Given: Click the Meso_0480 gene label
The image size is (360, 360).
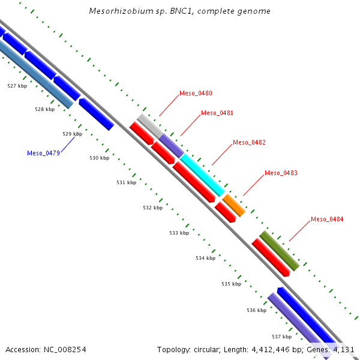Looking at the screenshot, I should pos(196,94).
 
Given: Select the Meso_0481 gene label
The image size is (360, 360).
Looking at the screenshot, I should pos(217,113).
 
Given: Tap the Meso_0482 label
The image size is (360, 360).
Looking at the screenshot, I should pos(249,143).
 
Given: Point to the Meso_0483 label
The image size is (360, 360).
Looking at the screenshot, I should pos(281,173).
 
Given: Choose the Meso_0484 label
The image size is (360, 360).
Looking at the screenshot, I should pos(327,220).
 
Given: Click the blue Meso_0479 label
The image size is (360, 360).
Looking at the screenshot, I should pos(43,153).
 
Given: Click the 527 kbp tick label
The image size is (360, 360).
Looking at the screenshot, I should pos(17,86).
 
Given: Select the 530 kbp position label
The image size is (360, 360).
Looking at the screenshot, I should pos(100,158).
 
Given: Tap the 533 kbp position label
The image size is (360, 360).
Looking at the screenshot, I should pos(179,233).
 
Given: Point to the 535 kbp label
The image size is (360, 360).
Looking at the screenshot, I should pos(231,284).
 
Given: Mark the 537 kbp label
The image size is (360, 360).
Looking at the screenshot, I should pos(281,337).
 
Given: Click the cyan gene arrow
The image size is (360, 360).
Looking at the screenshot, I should pos(203,175).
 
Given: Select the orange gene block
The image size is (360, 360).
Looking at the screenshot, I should pos(233,205).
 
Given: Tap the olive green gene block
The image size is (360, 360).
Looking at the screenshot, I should pos(279,251).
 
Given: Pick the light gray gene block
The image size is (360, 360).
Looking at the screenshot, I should pos(149,125).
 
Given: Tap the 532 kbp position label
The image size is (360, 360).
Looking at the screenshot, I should pos(153,208).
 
